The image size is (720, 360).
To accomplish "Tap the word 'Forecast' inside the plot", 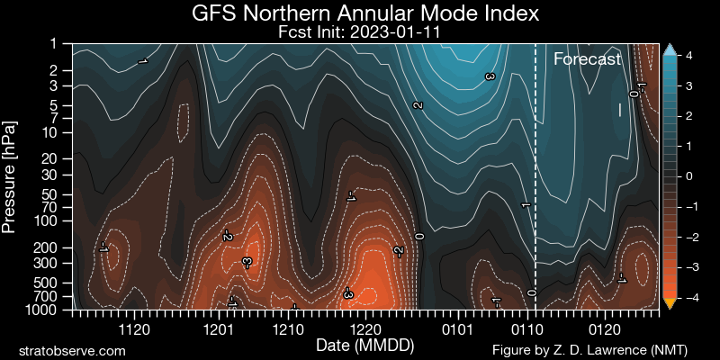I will (587, 60).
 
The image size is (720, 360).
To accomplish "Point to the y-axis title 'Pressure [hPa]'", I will (11, 175).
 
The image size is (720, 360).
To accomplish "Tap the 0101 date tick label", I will (456, 330).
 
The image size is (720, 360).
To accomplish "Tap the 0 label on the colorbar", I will (688, 176).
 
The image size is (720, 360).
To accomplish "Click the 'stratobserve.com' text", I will (72, 348).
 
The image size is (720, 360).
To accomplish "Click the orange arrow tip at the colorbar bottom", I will (669, 304).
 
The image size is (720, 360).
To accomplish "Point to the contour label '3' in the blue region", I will (490, 78).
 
